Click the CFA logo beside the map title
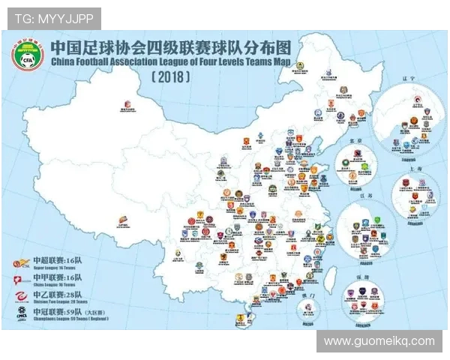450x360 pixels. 25,56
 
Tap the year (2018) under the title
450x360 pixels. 170,76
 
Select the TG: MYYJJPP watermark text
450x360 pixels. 52,18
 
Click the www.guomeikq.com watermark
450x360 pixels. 379,340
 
